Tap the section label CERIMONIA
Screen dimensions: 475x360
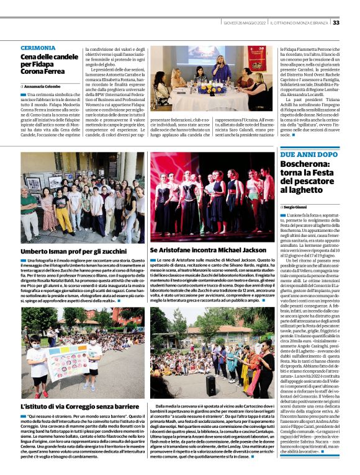click(x=38, y=48)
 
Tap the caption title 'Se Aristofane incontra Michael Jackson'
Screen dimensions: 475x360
click(x=203, y=251)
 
